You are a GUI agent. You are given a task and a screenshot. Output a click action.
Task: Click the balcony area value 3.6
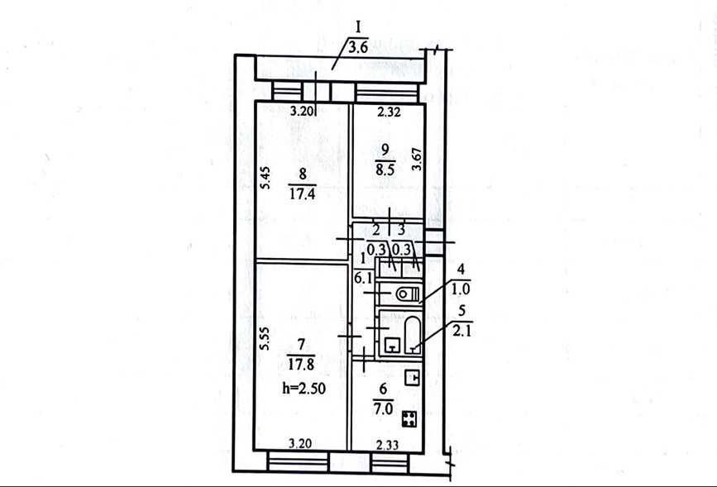click(358, 48)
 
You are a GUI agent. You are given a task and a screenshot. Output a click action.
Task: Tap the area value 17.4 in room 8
click(302, 195)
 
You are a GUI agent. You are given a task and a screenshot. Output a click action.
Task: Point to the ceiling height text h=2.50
click(304, 389)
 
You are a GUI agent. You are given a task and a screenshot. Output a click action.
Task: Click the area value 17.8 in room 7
click(302, 365)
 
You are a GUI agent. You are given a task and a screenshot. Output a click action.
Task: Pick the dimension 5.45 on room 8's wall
click(267, 179)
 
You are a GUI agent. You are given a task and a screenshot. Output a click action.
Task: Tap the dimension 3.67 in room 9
click(417, 159)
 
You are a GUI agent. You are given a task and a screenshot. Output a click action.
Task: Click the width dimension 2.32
click(390, 112)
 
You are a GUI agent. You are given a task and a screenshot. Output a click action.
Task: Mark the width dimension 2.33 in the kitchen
click(388, 444)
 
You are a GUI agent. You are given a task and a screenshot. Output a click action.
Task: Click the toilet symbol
click(407, 294)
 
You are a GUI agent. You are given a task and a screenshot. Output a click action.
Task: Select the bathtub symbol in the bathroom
click(413, 334)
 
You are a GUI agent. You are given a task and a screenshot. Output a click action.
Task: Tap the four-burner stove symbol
click(409, 419)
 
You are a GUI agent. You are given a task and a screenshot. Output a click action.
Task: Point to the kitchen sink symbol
click(413, 378)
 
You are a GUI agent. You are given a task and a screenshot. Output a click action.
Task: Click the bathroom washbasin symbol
click(391, 345)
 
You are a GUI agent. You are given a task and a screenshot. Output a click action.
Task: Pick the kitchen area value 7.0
click(383, 408)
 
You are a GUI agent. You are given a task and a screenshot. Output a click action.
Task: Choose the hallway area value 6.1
click(364, 277)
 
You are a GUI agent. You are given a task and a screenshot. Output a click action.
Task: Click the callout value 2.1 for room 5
click(461, 331)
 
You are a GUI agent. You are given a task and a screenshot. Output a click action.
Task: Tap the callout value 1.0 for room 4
click(461, 289)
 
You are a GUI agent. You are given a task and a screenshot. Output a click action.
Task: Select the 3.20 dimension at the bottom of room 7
click(301, 443)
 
